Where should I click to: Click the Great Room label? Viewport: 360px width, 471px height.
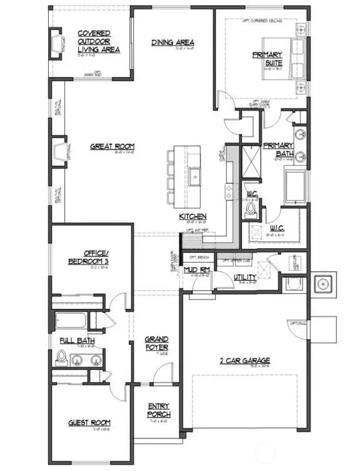(112, 147)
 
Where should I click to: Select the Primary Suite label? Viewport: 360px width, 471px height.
(267, 59)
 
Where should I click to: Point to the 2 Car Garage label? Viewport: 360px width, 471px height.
(244, 360)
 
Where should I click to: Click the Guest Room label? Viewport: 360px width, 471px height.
(89, 423)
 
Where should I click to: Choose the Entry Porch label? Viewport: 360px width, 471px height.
(158, 410)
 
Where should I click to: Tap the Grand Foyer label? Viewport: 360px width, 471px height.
(157, 343)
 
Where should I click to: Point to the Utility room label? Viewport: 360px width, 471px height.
(244, 277)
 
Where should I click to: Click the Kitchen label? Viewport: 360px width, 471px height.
(192, 216)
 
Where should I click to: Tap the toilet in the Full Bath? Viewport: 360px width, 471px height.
(61, 358)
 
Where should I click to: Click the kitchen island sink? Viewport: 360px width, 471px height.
(195, 176)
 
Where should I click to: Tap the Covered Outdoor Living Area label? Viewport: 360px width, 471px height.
(99, 41)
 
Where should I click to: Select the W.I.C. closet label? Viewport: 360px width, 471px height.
(277, 228)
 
